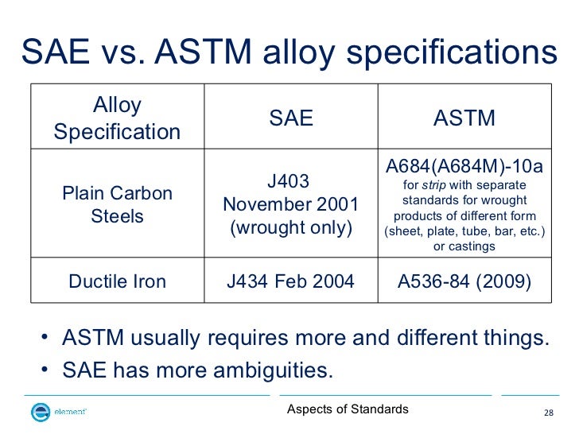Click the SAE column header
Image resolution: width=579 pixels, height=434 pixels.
point(291,119)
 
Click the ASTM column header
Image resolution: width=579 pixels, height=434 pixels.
point(464,119)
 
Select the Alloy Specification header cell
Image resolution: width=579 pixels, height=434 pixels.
point(117,118)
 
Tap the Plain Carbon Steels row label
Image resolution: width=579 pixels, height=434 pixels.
point(117,205)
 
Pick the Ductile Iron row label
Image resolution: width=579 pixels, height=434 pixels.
point(117,281)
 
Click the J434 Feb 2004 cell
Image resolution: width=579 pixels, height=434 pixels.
point(291,281)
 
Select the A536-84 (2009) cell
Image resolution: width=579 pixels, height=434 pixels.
point(464,281)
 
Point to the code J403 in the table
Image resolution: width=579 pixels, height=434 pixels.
point(290,181)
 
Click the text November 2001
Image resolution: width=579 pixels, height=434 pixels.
point(291,205)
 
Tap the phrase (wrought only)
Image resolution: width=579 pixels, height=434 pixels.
point(291,228)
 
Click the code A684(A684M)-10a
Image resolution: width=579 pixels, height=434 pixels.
point(464,168)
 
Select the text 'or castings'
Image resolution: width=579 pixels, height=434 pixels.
point(464,246)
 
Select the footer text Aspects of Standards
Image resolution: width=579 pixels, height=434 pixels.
point(348,409)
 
